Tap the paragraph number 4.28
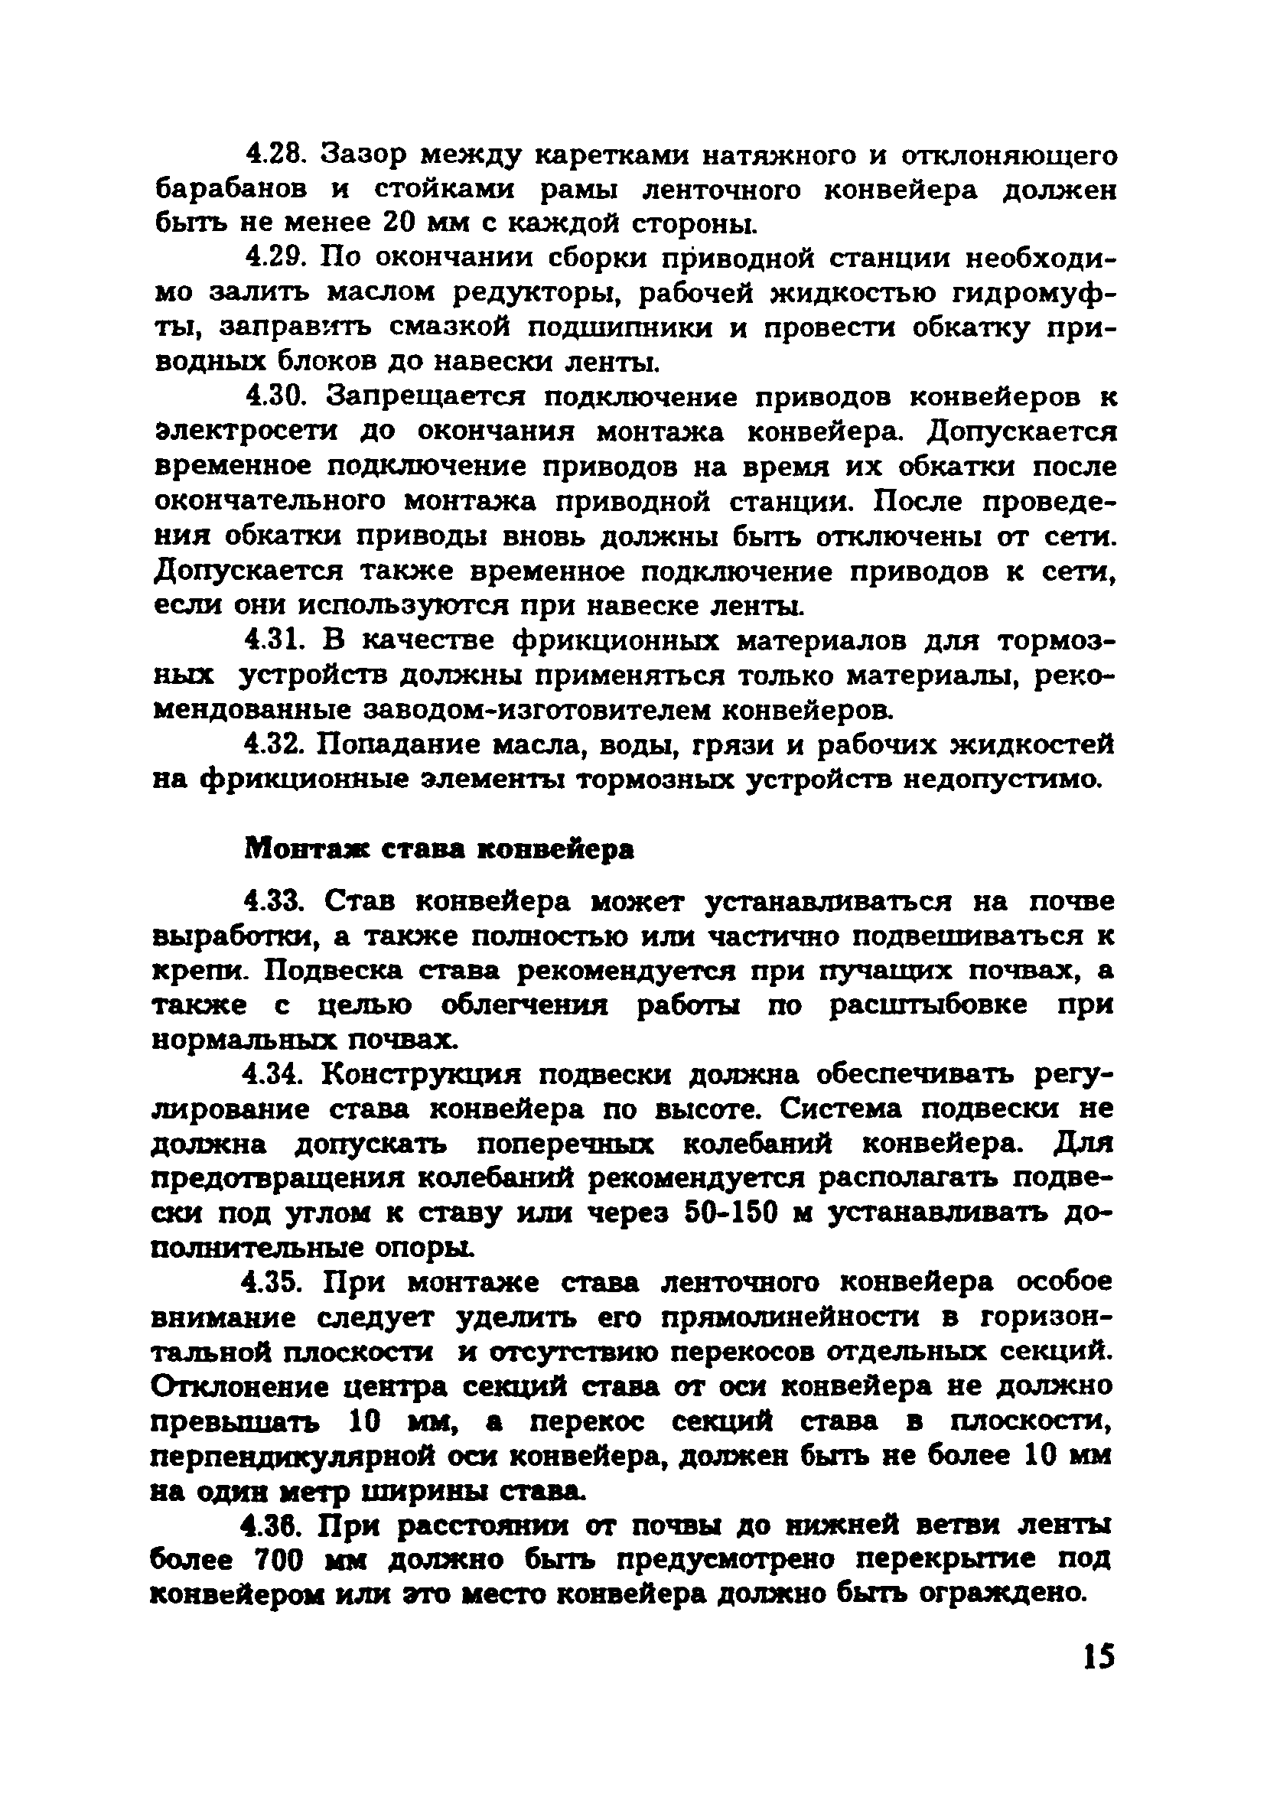[x=275, y=155]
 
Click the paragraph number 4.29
[x=275, y=258]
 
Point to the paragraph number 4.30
[x=275, y=396]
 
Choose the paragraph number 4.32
[x=275, y=744]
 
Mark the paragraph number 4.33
[x=275, y=900]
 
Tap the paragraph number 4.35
[x=275, y=1283]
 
